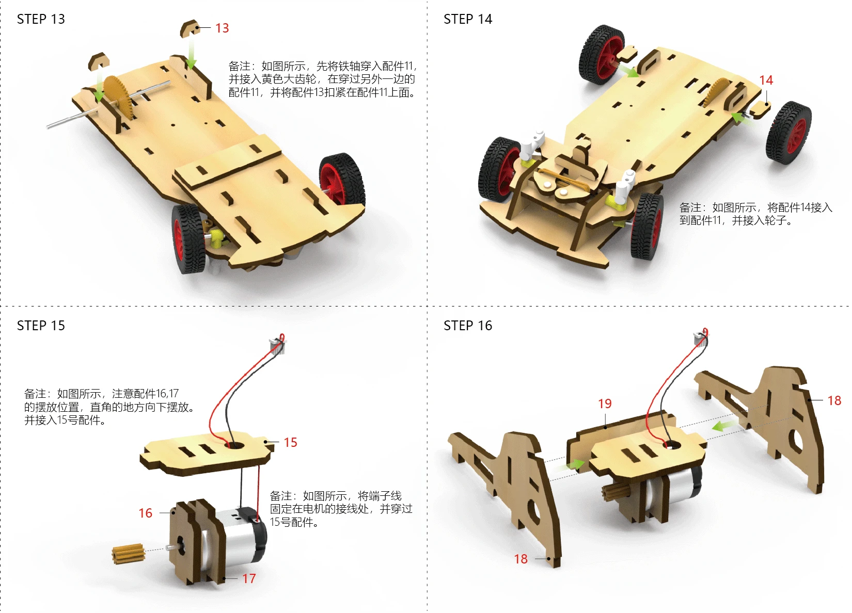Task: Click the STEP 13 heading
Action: click(41, 19)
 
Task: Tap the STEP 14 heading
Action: click(468, 19)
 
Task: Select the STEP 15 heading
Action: click(41, 326)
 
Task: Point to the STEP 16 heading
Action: click(468, 326)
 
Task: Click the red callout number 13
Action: click(222, 28)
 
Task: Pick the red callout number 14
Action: click(766, 80)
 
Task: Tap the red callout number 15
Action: click(290, 442)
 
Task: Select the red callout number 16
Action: click(145, 513)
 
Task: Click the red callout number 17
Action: click(249, 579)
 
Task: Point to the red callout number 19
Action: click(605, 404)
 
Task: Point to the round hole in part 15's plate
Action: click(234, 444)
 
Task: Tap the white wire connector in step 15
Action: click(278, 344)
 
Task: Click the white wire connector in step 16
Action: click(700, 337)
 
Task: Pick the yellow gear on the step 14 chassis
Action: click(716, 92)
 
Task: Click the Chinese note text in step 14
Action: click(755, 214)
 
